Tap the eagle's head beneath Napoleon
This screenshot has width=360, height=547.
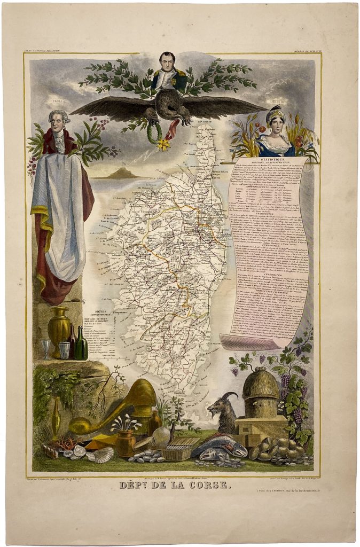pos(170,100)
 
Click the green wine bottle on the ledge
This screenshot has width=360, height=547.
pos(81,345)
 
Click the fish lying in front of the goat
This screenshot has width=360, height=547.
pos(219,446)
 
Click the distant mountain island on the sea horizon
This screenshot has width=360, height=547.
pos(120,172)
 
